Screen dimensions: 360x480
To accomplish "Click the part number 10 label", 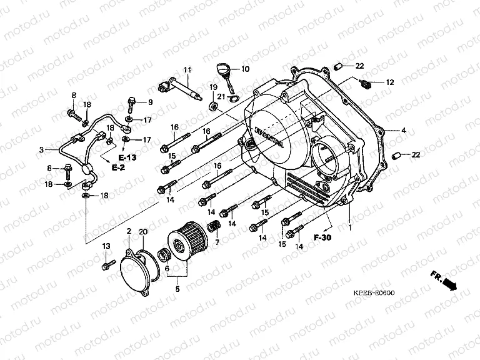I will tap(245, 69).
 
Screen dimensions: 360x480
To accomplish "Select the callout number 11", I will tap(186, 69).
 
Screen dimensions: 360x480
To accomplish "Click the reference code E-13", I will tap(126, 156).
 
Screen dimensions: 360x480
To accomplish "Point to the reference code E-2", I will tap(118, 168).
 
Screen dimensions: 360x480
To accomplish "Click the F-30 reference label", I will tap(322, 238).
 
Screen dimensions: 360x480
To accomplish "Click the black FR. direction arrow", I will tap(448, 284).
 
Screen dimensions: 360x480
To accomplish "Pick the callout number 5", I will tap(177, 289).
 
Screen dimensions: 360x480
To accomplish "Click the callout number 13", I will tap(106, 246).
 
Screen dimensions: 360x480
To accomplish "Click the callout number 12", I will tap(389, 82).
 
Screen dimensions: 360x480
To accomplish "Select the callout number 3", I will tap(41, 150).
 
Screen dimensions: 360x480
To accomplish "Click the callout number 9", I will tap(150, 102).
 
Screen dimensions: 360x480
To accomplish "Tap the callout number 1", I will tap(350, 228).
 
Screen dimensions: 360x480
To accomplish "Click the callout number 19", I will tap(212, 86).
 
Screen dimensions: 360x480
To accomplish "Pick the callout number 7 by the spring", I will tap(217, 242).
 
